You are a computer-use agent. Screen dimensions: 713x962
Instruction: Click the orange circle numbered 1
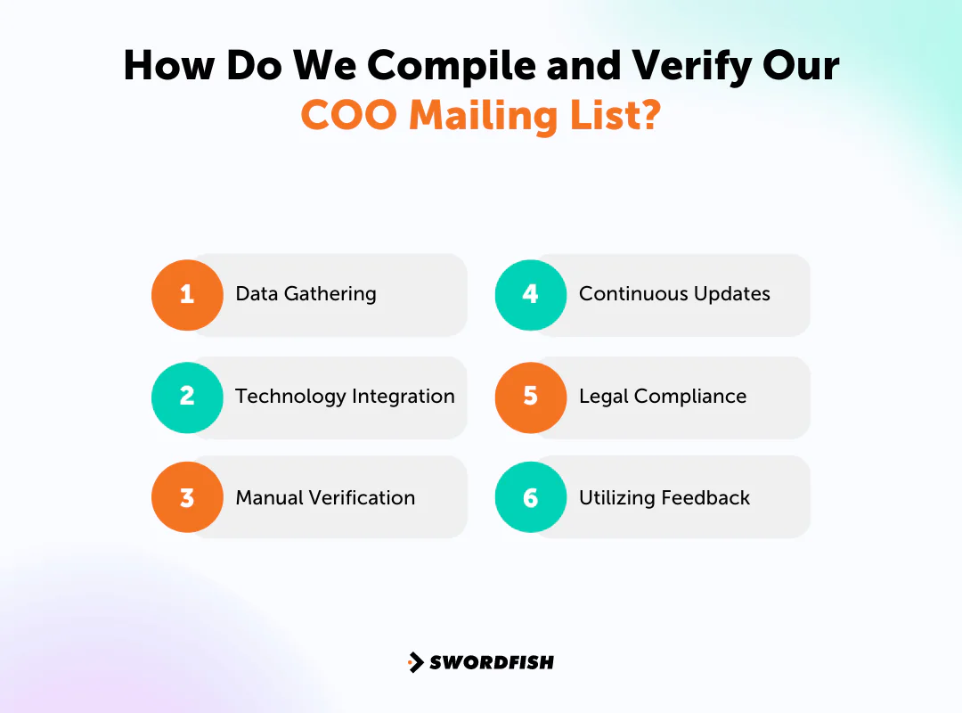(x=187, y=295)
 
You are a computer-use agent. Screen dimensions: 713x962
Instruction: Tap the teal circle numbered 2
(x=187, y=397)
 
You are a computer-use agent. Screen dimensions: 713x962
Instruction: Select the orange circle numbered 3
(x=187, y=497)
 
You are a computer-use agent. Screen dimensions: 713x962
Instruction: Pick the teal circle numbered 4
(x=531, y=295)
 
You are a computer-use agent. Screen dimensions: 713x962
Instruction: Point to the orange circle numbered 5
(x=531, y=397)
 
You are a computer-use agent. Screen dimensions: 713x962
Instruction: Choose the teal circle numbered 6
(x=531, y=497)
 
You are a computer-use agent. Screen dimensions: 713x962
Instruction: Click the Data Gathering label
(x=306, y=294)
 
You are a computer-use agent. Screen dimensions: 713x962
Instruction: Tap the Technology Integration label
(x=345, y=397)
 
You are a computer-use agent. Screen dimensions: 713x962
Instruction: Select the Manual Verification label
(x=325, y=498)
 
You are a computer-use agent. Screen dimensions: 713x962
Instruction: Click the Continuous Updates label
(x=674, y=294)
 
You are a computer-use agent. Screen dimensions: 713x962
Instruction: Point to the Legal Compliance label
(x=663, y=397)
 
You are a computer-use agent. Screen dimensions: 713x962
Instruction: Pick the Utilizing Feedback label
(x=664, y=498)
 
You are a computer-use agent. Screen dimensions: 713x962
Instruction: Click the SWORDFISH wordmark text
(x=492, y=662)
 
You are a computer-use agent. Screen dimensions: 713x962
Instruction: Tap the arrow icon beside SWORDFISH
(x=416, y=662)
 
